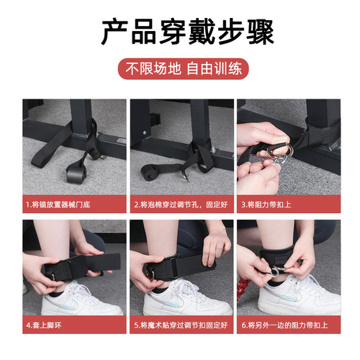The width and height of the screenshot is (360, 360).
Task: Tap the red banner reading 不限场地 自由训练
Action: pyautogui.click(x=179, y=71)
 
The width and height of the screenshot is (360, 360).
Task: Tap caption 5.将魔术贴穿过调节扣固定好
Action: pyautogui.click(x=180, y=326)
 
